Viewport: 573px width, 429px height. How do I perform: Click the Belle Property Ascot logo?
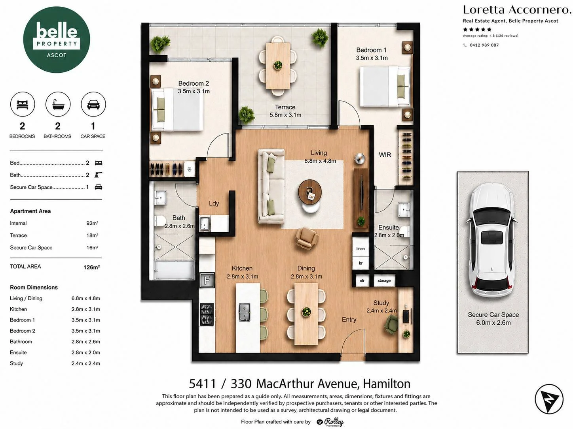pyautogui.click(x=56, y=40)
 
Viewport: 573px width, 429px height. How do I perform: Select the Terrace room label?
pyautogui.click(x=285, y=107)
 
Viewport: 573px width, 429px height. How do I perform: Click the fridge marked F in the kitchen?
pyautogui.click(x=207, y=280)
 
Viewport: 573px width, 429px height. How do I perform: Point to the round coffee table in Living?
pyautogui.click(x=310, y=192)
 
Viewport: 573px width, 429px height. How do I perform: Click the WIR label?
pyautogui.click(x=385, y=155)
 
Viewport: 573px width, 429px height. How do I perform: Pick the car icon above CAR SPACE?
pyautogui.click(x=93, y=104)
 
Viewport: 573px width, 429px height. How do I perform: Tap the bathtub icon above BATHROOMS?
pyautogui.click(x=58, y=104)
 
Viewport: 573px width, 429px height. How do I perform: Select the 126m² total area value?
pyautogui.click(x=92, y=267)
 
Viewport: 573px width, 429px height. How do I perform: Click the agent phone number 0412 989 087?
pyautogui.click(x=484, y=45)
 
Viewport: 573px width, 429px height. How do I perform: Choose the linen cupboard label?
pyautogui.click(x=360, y=249)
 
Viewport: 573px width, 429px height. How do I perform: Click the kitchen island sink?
pyautogui.click(x=244, y=312)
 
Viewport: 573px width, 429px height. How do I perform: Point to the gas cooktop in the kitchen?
pyautogui.click(x=207, y=314)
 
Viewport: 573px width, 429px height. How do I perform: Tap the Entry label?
pyautogui.click(x=349, y=320)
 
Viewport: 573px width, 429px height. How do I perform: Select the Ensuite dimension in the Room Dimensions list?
pyautogui.click(x=85, y=352)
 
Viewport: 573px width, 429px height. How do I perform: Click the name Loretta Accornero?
pyautogui.click(x=517, y=10)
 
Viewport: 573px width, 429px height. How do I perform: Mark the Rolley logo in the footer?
pyautogui.click(x=330, y=422)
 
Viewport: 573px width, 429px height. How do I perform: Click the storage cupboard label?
pyautogui.click(x=384, y=280)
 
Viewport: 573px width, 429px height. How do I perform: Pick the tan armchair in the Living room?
pyautogui.click(x=306, y=238)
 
